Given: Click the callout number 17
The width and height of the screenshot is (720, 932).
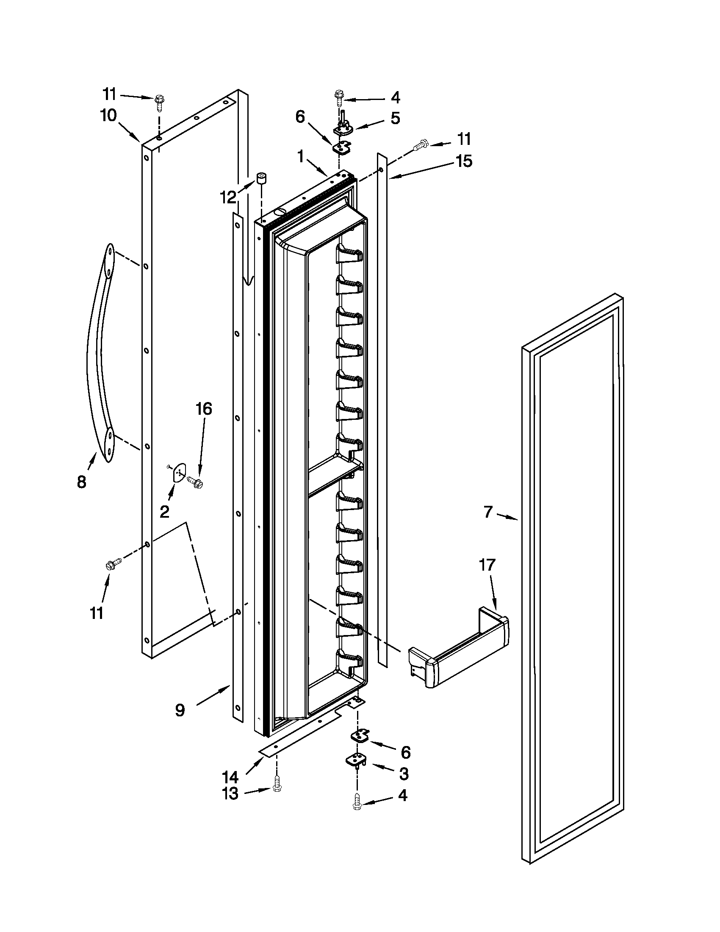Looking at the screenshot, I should coord(487,565).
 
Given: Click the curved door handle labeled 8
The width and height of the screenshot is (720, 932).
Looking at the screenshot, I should coord(100,354).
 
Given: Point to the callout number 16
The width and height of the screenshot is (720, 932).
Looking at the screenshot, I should coord(203,409).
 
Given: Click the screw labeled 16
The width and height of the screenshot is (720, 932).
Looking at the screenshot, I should coord(197,483).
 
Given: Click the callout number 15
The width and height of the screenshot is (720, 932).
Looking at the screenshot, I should coord(464,161).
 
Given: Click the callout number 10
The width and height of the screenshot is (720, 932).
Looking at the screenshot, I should coord(108,115).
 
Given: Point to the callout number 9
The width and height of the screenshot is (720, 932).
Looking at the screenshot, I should coord(180,710).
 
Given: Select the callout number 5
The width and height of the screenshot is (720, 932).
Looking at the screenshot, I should coord(396,118).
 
